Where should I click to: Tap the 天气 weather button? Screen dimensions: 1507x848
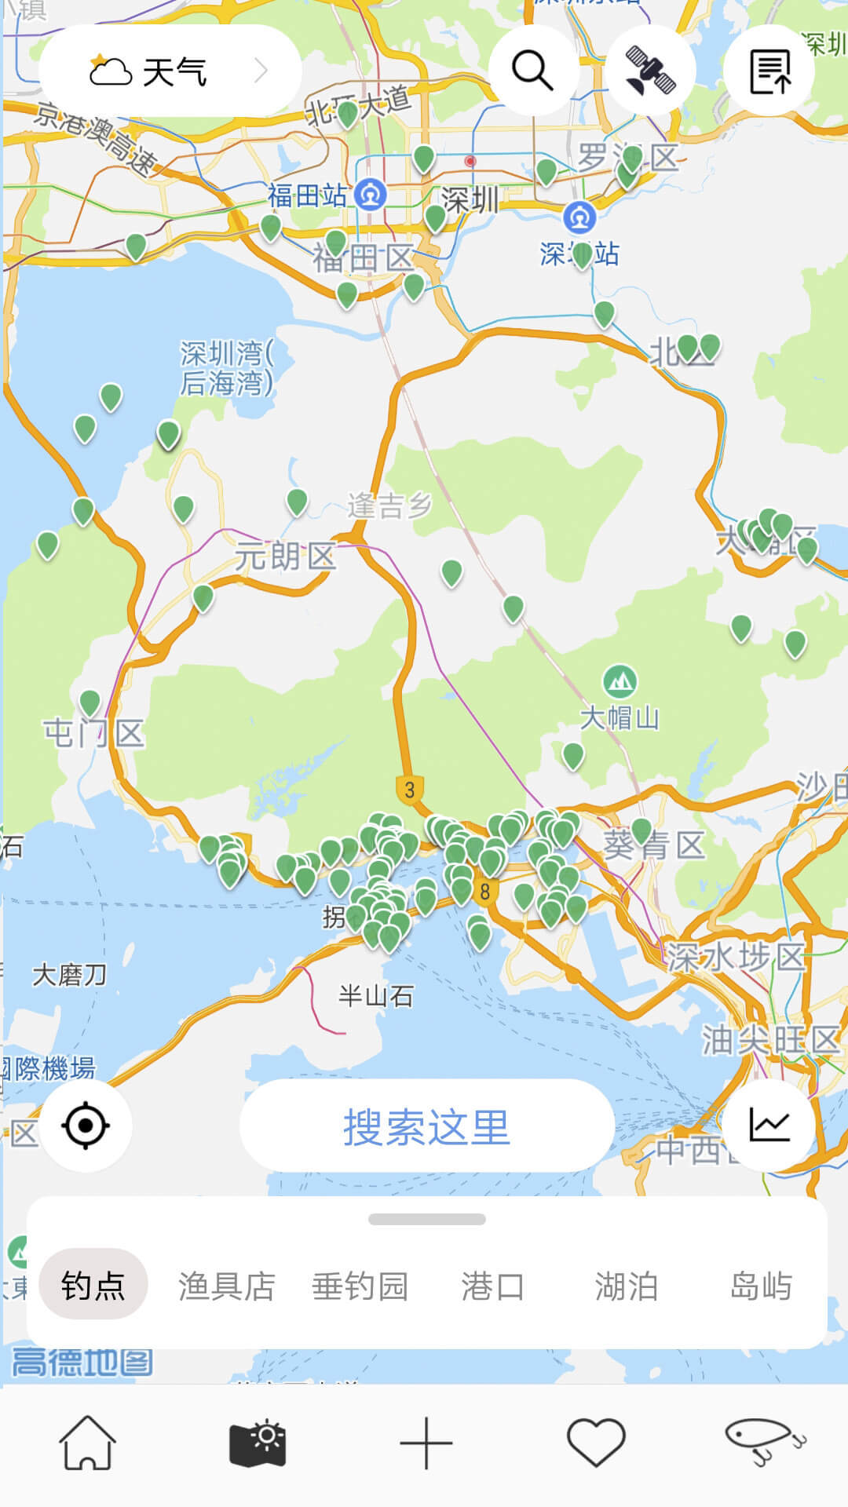point(170,71)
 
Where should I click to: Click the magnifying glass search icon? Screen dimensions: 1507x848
point(533,71)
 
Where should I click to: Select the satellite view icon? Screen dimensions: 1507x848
point(651,71)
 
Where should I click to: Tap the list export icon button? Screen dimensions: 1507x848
point(769,71)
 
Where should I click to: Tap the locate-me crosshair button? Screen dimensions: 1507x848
point(86,1126)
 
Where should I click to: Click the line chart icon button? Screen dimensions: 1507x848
point(769,1126)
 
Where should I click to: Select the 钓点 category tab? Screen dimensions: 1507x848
point(93,1286)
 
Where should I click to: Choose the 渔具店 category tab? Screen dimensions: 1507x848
point(226,1286)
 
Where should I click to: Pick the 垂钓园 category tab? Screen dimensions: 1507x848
point(360,1286)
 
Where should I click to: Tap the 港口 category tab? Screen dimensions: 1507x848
point(492,1286)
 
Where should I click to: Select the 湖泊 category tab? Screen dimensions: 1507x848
point(626,1286)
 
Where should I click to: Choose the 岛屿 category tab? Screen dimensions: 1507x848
point(760,1286)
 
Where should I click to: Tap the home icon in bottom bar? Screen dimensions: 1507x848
point(87,1443)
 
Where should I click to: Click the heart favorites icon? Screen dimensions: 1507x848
point(596,1443)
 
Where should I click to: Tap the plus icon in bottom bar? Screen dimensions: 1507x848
point(426,1443)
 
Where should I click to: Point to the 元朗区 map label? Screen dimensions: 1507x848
point(285,556)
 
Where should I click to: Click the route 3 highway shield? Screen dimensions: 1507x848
point(409,789)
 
